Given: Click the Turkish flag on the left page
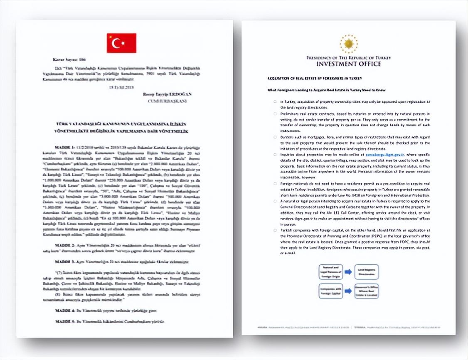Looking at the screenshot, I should coord(121,43).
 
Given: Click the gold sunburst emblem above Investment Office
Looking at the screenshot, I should coord(348,44).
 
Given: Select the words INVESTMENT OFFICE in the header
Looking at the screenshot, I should coord(348,64).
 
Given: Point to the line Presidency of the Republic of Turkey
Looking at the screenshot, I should coord(348,58).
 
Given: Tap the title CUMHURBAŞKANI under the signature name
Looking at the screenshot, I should coord(171,101).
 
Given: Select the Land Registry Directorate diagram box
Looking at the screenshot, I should coord(366,271).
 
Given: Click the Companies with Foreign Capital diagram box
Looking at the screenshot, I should coord(331,290).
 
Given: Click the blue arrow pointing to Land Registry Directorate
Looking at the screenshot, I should coord(348,271).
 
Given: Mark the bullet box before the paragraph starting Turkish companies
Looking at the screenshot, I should coord(275,229).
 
